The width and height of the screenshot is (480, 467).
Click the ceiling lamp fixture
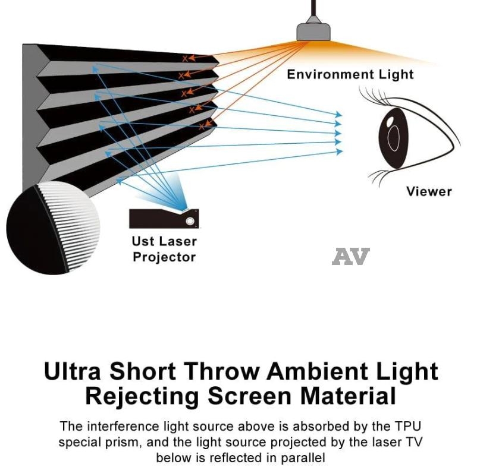313,30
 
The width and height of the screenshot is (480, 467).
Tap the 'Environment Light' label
350,75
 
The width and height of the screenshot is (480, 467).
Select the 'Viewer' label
429,191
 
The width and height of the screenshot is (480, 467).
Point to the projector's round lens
190,222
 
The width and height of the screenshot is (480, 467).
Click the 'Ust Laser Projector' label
164,250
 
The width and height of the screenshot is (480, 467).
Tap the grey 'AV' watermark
350,257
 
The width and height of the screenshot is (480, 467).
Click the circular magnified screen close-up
54,229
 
